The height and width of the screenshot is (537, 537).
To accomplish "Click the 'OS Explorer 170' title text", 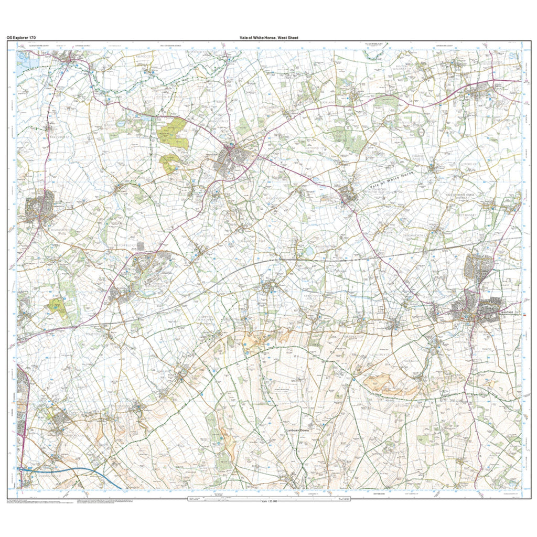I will coord(21,38).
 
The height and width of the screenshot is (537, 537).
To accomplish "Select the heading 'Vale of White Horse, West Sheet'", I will coord(268,38).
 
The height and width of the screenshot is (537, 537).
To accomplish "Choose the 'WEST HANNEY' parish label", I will coord(467,215).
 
